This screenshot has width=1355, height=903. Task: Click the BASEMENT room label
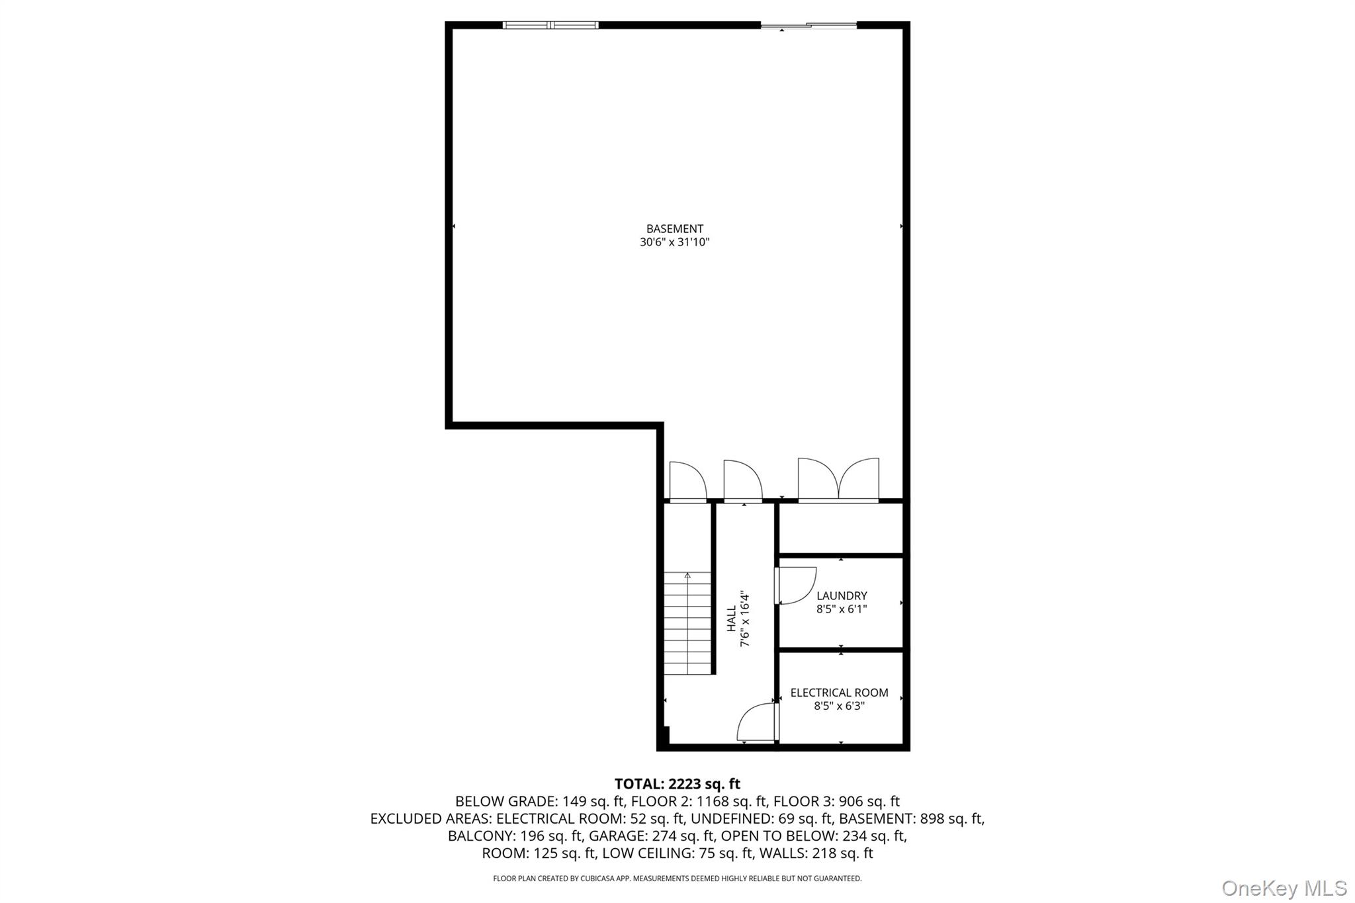674,229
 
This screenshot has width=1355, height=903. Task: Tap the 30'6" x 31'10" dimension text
674,242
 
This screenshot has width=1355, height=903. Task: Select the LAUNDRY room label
842,596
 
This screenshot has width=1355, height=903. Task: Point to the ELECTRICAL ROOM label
839,693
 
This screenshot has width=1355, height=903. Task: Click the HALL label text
732,619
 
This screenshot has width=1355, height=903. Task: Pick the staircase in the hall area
687,623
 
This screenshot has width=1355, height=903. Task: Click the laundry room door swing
796,585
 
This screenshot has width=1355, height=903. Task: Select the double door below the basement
838,479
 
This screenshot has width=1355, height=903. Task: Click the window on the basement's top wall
550,25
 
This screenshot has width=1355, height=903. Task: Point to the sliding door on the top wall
809,25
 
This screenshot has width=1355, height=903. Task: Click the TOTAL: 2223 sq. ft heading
677,784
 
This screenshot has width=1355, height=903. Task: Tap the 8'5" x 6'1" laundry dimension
842,609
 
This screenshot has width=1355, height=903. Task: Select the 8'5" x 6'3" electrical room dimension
839,706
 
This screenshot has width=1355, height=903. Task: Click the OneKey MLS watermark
1284,888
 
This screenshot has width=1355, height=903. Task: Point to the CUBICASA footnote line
677,879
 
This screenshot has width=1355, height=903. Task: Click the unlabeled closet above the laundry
840,528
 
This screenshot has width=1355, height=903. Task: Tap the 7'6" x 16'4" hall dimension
746,619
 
